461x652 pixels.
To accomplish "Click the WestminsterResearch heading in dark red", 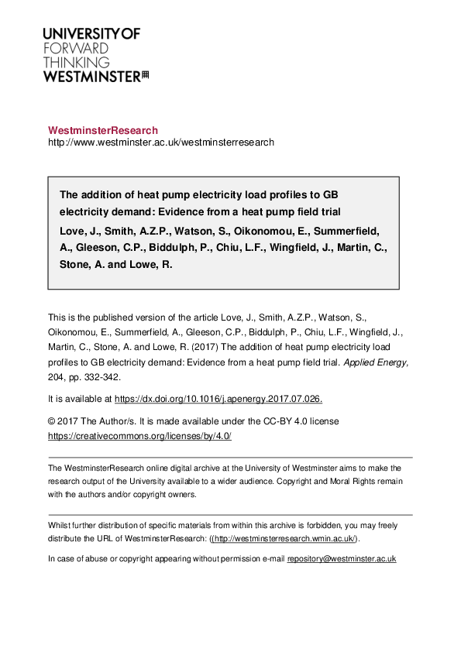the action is [103, 131].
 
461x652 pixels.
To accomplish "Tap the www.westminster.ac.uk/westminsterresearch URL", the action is [161, 142].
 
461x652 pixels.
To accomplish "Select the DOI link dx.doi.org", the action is [218, 399].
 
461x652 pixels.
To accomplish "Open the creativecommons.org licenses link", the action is [139, 436].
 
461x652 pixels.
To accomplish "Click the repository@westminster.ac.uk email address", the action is [342, 558].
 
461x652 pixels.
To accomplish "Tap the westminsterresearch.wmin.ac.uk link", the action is [284, 539].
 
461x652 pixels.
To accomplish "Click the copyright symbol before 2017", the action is [52, 421].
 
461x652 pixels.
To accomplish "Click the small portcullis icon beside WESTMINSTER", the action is [144, 75].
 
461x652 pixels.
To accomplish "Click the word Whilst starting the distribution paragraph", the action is [60, 525].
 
